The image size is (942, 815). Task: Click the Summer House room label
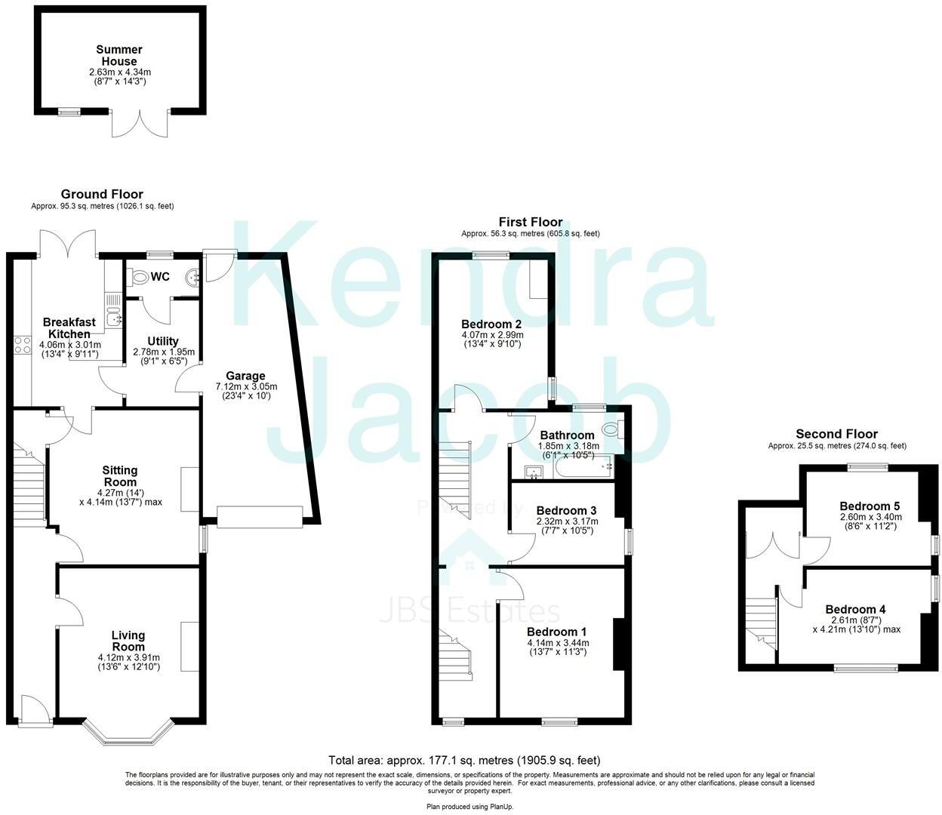(x=119, y=55)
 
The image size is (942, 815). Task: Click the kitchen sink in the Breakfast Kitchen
(x=115, y=318)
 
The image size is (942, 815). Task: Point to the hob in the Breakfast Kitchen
(x=22, y=346)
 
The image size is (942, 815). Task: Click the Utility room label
(x=163, y=341)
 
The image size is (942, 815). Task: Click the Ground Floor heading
(x=102, y=194)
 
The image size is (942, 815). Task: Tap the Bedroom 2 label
(x=492, y=324)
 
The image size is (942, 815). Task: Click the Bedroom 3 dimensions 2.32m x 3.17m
(x=567, y=521)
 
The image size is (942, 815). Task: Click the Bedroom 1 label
(x=556, y=632)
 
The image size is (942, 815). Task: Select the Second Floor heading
(x=836, y=434)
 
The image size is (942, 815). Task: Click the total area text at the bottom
(x=464, y=760)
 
